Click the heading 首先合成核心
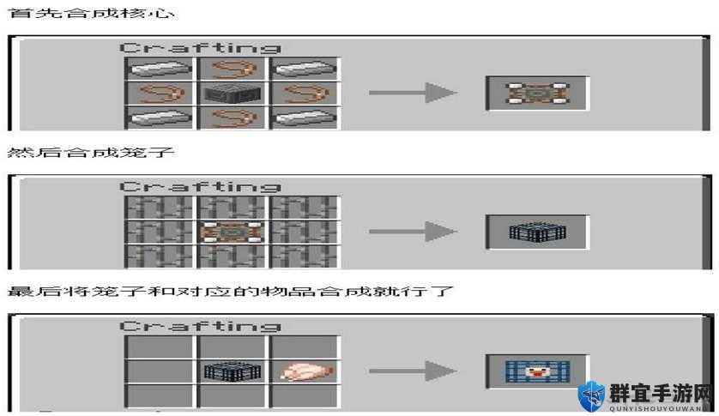tap(91, 13)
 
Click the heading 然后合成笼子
tap(91, 153)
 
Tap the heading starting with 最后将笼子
tap(230, 292)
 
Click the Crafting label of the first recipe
tap(201, 48)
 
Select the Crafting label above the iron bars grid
tap(201, 187)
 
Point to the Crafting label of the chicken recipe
tap(201, 326)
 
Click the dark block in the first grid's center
tap(233, 93)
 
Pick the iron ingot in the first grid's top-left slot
tap(160, 69)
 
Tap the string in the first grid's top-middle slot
tap(233, 69)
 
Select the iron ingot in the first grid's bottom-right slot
tap(305, 118)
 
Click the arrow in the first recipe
tap(413, 93)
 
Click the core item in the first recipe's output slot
tap(537, 93)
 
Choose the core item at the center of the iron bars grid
tap(233, 232)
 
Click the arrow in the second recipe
tap(413, 232)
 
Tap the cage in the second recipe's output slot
tap(537, 232)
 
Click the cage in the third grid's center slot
tap(233, 371)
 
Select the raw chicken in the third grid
tap(305, 371)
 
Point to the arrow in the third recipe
tap(413, 371)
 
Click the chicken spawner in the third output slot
tap(537, 371)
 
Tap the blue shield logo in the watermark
tap(591, 396)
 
